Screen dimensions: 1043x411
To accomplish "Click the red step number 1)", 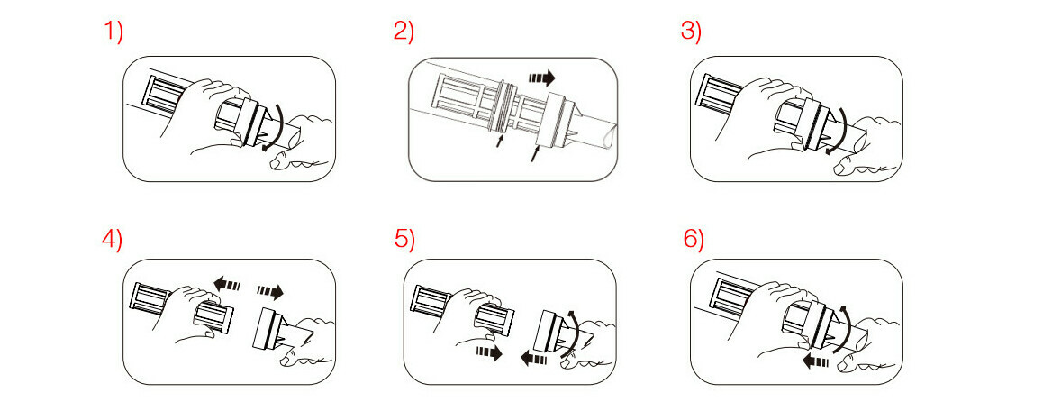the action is (113, 32).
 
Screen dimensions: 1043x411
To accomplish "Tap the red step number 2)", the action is (404, 32).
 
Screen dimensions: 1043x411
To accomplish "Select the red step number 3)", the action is (691, 32).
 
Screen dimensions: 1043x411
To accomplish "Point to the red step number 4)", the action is (113, 240).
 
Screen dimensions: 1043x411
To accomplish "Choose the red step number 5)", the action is (404, 240).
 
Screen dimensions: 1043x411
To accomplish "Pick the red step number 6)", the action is (694, 240).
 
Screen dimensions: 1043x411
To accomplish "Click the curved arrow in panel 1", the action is (280, 126).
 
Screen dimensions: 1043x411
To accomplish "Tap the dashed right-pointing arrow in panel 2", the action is (541, 78).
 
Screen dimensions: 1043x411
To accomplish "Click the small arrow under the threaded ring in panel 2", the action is (499, 140).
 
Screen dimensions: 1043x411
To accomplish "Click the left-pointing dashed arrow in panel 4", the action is (227, 285).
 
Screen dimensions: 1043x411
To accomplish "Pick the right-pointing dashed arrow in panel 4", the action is (270, 292).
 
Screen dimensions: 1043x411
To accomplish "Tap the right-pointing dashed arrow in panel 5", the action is (488, 352).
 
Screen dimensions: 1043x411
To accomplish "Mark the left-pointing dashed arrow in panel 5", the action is (534, 360).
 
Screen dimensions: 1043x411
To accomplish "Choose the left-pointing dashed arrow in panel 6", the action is (815, 362).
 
